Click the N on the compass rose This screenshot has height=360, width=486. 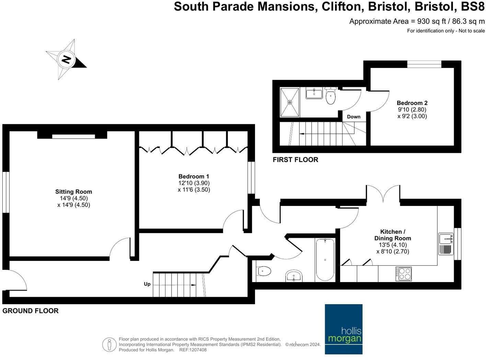tap(66, 59)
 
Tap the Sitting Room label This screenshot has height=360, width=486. tap(73, 192)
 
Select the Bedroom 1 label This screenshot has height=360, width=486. tap(194, 176)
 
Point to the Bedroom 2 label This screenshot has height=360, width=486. tap(412, 103)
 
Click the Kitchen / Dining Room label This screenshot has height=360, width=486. tap(393, 235)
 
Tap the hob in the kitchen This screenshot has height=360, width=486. tap(404, 274)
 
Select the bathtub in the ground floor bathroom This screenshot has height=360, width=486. tap(325, 260)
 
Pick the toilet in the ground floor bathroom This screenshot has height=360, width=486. tap(263, 271)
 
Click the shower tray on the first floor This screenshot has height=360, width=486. tap(290, 102)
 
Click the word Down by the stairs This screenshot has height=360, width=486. tap(354, 117)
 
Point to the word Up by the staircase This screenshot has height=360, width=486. tap(147, 284)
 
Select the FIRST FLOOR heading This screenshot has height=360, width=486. tap(296, 160)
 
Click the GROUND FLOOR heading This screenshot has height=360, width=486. tap(31, 311)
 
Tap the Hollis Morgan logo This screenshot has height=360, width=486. tap(344, 329)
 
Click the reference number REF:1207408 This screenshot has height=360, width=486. tap(193, 350)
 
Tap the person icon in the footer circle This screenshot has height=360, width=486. tap(109, 345)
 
